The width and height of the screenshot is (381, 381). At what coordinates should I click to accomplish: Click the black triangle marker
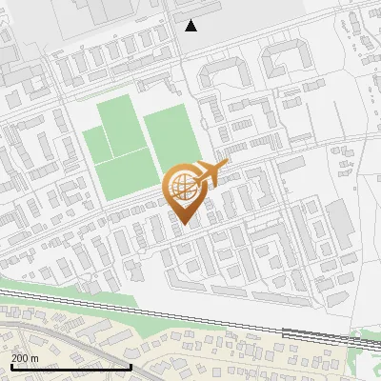191,26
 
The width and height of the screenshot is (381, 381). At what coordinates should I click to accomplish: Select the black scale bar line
70,367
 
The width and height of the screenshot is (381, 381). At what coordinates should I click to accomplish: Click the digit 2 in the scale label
14,357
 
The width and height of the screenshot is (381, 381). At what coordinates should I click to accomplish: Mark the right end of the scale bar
130,367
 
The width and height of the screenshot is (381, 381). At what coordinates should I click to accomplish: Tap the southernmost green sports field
128,177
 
